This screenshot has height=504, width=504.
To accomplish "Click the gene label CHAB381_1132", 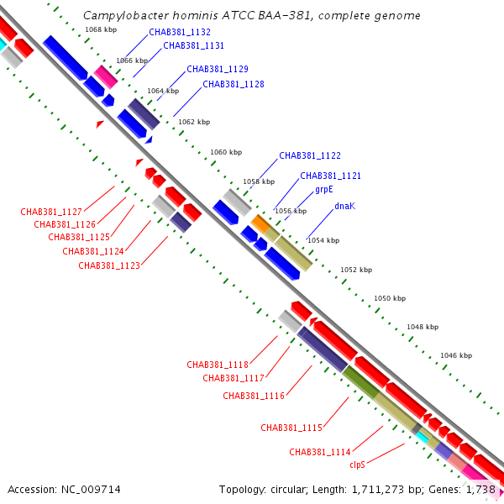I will (x=179, y=32).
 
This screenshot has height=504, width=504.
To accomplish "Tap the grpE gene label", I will (x=324, y=190).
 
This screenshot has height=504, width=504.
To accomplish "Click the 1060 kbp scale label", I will (x=225, y=152).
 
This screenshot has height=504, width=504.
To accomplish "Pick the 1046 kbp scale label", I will (x=456, y=355).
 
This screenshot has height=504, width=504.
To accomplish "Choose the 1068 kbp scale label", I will (x=101, y=29).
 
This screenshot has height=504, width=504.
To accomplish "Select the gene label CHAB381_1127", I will (x=51, y=212).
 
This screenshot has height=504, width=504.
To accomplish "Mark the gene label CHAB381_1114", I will (x=319, y=452).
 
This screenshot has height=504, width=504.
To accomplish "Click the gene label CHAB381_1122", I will (x=310, y=155).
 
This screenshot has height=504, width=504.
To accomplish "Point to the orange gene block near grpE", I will (x=261, y=223).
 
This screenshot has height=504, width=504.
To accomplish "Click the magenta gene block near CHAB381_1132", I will (x=106, y=76).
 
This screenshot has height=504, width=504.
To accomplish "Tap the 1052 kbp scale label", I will (x=355, y=270).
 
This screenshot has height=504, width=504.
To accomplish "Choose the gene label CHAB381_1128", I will (x=234, y=84).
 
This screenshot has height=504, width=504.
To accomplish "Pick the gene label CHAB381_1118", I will (x=218, y=365).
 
